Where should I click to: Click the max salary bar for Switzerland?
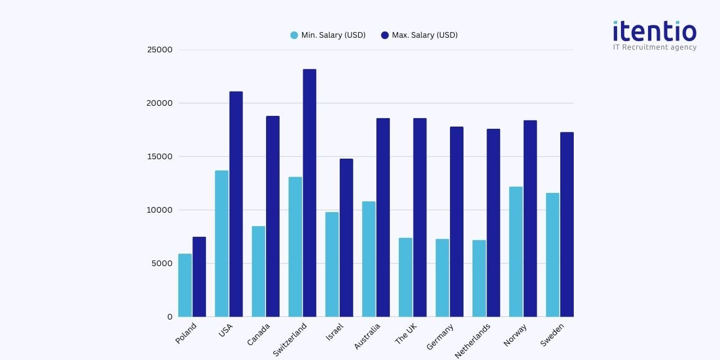[309, 193]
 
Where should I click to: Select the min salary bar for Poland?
[185, 285]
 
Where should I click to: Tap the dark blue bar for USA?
[236, 204]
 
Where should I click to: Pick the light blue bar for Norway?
[516, 251]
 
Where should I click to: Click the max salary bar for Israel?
[346, 237]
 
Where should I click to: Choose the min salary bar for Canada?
[259, 271]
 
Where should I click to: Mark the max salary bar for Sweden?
[566, 224]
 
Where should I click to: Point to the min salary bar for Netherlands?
[479, 278]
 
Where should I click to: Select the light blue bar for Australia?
[369, 259]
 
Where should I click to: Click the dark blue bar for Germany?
[456, 222]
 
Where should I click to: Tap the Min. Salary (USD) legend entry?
[328, 35]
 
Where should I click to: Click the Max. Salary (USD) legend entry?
[419, 35]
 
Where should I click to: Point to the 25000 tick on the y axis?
[160, 49]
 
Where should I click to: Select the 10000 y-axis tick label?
[160, 210]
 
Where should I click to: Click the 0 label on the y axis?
[169, 317]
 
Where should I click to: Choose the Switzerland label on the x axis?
[290, 339]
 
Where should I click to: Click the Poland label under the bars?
[186, 333]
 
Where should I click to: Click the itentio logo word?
[654, 31]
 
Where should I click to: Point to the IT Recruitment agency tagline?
[654, 47]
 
